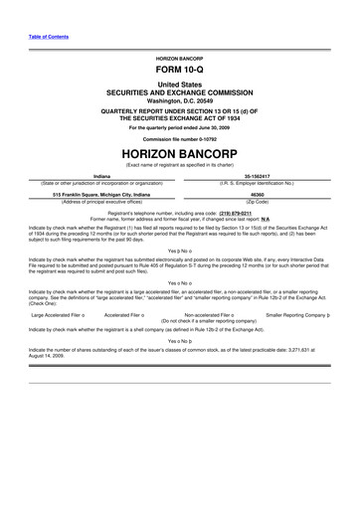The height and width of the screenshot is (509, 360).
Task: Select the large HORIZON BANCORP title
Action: [x=180, y=154]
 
